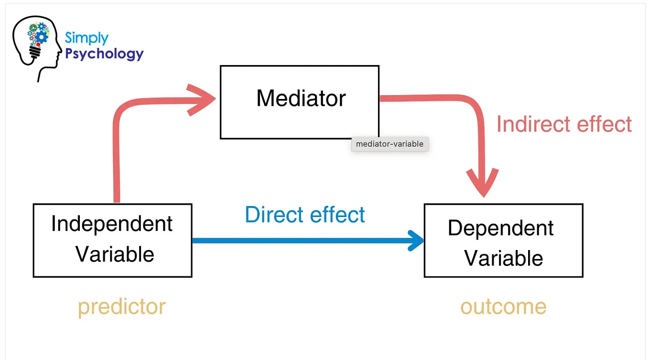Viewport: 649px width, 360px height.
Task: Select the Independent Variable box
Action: [x=112, y=240]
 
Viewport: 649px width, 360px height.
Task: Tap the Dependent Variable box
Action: [x=503, y=240]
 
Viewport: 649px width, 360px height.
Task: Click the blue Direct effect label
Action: [x=305, y=215]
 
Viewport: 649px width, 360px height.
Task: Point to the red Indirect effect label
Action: [x=564, y=124]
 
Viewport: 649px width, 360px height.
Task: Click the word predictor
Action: [x=122, y=306]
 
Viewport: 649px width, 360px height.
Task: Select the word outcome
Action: [x=503, y=306]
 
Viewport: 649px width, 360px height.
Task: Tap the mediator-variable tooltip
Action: [x=389, y=144]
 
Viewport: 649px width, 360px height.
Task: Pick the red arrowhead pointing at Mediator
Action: [x=203, y=99]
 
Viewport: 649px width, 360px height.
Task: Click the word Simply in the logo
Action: [x=87, y=38]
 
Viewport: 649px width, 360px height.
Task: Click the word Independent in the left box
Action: [x=112, y=224]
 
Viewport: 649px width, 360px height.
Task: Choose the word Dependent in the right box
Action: [x=500, y=228]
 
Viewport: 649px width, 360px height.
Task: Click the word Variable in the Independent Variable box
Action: [x=115, y=254]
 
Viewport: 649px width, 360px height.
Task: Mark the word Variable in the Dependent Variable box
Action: [x=504, y=259]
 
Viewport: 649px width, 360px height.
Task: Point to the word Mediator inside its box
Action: [x=301, y=98]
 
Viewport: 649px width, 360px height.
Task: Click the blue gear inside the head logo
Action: [x=42, y=36]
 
